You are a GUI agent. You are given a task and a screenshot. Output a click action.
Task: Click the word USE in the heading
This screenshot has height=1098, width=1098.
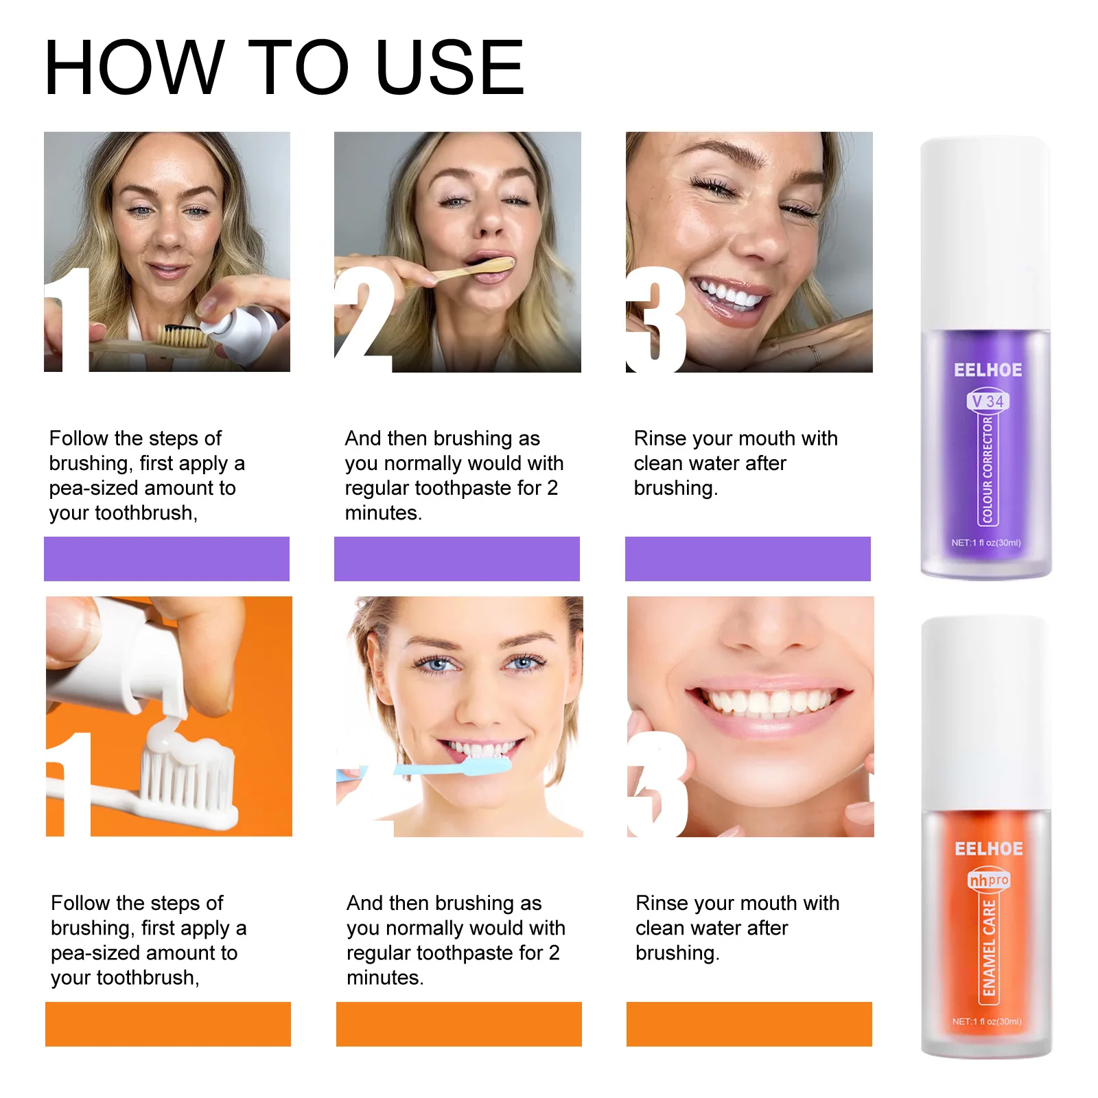tap(449, 67)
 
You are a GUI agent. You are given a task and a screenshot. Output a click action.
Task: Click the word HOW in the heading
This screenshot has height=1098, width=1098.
tap(135, 67)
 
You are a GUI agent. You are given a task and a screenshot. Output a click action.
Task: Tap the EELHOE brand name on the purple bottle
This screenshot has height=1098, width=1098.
tap(988, 370)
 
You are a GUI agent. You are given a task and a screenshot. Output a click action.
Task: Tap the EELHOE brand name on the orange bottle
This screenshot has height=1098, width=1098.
tap(988, 849)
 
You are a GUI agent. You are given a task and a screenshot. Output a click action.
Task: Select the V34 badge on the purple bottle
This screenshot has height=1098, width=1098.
tap(988, 401)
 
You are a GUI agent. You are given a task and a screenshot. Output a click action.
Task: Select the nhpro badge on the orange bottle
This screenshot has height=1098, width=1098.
tap(988, 880)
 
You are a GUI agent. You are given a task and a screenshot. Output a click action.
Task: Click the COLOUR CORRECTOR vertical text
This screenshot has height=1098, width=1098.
tap(988, 470)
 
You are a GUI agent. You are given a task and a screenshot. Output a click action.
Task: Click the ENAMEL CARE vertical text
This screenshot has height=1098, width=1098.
tap(988, 948)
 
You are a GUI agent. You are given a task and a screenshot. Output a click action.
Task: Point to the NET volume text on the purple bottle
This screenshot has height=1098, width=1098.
tap(985, 542)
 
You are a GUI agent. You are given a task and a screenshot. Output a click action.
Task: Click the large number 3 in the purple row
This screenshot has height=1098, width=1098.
tap(656, 320)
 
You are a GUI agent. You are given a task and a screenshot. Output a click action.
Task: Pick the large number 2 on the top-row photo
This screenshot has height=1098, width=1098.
tap(364, 320)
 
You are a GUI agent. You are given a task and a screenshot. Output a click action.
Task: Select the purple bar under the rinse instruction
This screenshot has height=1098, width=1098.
tap(747, 559)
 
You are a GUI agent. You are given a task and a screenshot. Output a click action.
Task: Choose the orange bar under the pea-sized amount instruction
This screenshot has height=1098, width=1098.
tap(167, 1024)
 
